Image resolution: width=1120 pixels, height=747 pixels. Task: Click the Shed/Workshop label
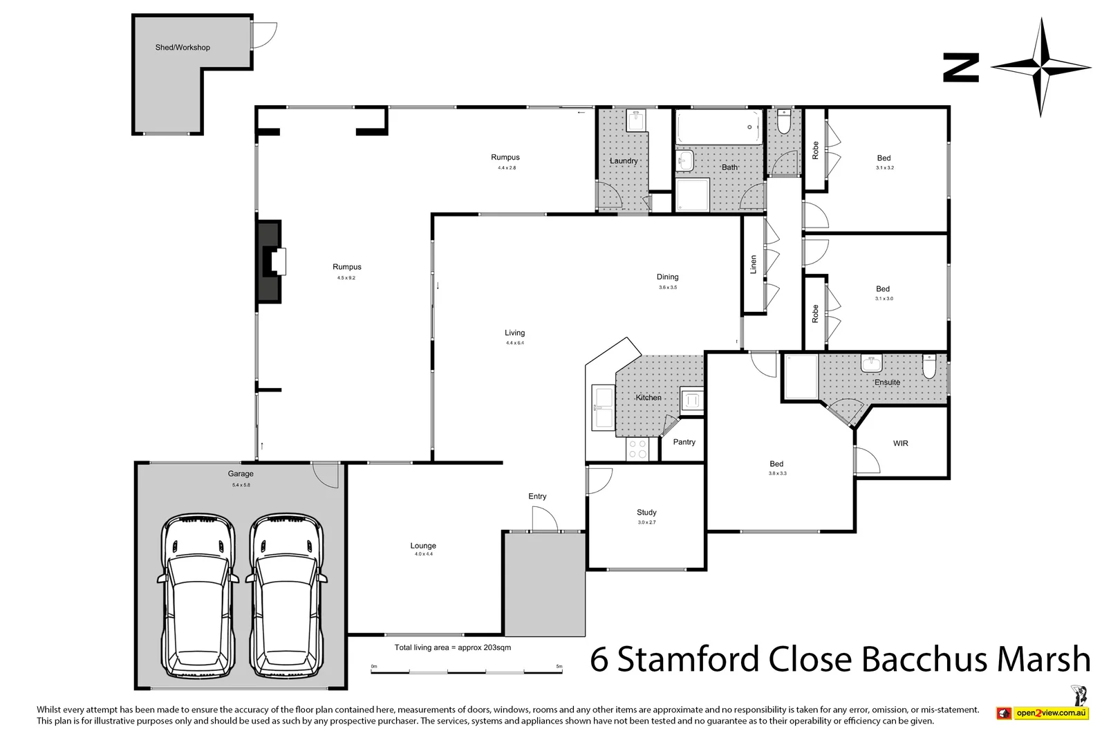[x=183, y=48]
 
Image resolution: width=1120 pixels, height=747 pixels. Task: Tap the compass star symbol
[x=1041, y=67]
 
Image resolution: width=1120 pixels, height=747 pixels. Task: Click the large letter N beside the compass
[x=961, y=68]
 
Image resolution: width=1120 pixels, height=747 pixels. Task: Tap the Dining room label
[x=667, y=277]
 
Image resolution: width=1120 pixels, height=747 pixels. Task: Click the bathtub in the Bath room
[x=718, y=127]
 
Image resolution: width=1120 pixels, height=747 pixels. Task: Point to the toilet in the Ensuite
[x=929, y=367]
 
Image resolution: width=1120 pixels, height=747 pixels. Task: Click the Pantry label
[x=684, y=442]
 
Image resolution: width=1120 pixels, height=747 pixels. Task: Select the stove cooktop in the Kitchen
[x=637, y=450]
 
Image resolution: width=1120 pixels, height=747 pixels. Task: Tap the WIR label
[x=900, y=443]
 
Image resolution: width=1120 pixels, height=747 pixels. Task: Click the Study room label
[x=646, y=513]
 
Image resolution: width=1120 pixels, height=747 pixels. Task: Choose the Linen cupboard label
[x=754, y=264]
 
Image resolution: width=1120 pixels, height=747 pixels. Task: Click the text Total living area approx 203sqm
[x=453, y=648]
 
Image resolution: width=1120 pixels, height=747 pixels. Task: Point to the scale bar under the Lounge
[x=467, y=670]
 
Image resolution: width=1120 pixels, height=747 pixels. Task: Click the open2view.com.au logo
[x=1043, y=713]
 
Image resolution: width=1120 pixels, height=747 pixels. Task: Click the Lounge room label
[x=423, y=546]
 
